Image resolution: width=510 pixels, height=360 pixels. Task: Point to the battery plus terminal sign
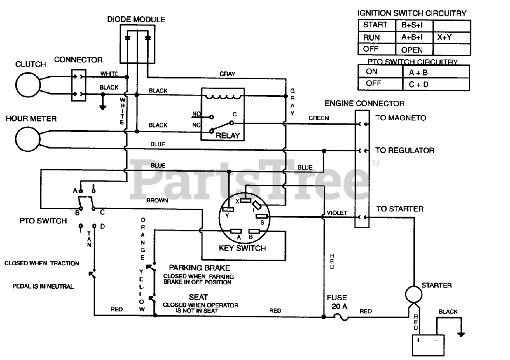418,340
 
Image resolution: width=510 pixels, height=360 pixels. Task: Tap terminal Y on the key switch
228,209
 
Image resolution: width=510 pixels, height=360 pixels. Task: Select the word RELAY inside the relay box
228,135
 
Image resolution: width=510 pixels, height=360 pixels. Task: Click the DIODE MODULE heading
136,19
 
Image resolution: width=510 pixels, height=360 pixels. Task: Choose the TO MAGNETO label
401,118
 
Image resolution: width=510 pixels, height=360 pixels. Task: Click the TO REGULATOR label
405,151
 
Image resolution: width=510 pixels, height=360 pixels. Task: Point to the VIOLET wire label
337,213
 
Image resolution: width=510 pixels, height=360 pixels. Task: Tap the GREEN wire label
319,118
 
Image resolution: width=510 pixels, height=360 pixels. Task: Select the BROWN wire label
157,200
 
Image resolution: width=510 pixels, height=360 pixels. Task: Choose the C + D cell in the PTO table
419,84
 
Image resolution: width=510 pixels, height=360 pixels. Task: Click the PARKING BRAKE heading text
199,268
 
